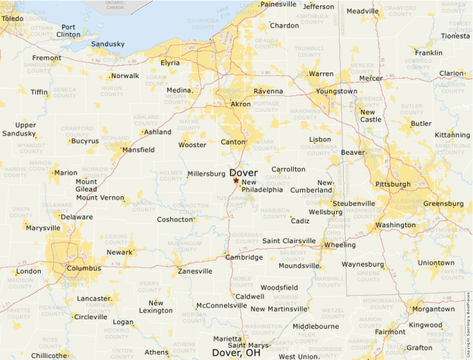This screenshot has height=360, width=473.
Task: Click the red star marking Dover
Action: (x=236, y=180)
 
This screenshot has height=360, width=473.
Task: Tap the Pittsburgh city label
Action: (x=392, y=184)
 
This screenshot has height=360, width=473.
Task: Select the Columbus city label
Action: (x=84, y=268)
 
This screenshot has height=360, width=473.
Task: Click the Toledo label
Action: (x=12, y=18)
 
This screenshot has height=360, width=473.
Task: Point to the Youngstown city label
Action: (x=337, y=91)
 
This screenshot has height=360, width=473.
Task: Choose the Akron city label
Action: (x=241, y=104)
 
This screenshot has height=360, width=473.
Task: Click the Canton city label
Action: (x=233, y=142)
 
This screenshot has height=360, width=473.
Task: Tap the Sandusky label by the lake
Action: (x=108, y=44)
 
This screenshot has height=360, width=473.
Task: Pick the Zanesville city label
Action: (x=195, y=272)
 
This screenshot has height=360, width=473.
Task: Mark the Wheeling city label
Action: (x=340, y=245)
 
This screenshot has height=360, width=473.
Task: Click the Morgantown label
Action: (x=433, y=309)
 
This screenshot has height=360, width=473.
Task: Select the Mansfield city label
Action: (x=138, y=149)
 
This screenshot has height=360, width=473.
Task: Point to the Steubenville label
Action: (x=353, y=203)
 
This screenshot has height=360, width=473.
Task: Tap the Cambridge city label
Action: (x=244, y=257)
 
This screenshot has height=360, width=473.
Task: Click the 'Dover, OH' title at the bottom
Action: (x=236, y=352)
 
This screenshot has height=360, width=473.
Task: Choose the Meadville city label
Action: (x=362, y=11)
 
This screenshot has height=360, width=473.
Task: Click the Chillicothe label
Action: (x=49, y=355)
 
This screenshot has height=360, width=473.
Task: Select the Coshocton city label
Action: (x=175, y=220)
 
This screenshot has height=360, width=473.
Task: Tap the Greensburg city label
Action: (x=443, y=204)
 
